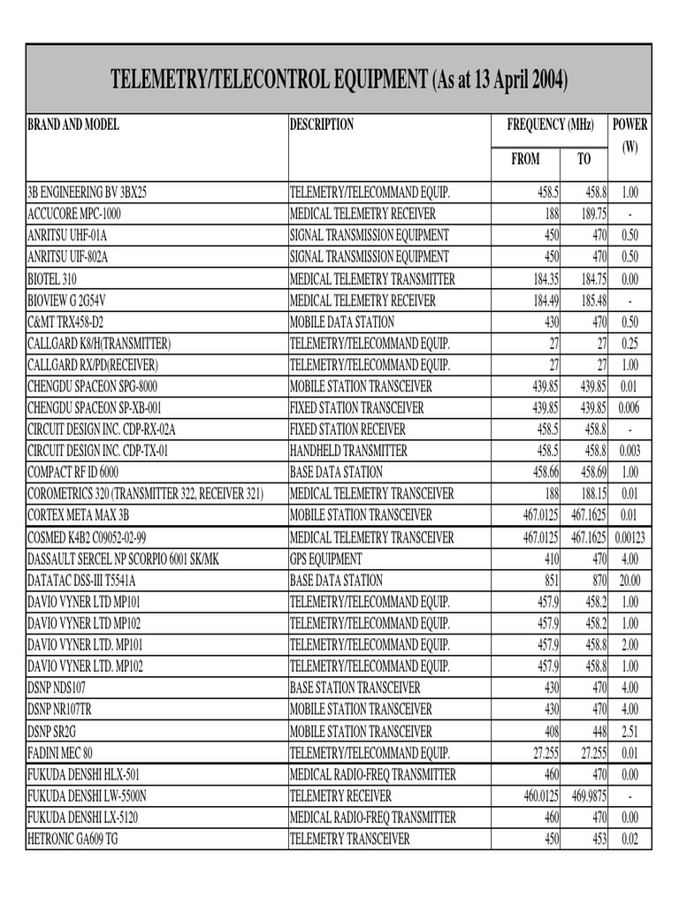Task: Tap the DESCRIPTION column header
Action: click(x=322, y=125)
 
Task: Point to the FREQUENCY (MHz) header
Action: click(x=550, y=125)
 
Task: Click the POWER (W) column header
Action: click(x=629, y=135)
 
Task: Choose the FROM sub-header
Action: click(x=525, y=159)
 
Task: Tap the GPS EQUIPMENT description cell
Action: click(x=326, y=559)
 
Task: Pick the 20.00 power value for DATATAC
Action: click(x=629, y=581)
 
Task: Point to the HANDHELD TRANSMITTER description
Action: click(x=348, y=451)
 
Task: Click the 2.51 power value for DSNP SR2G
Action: click(x=629, y=731)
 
